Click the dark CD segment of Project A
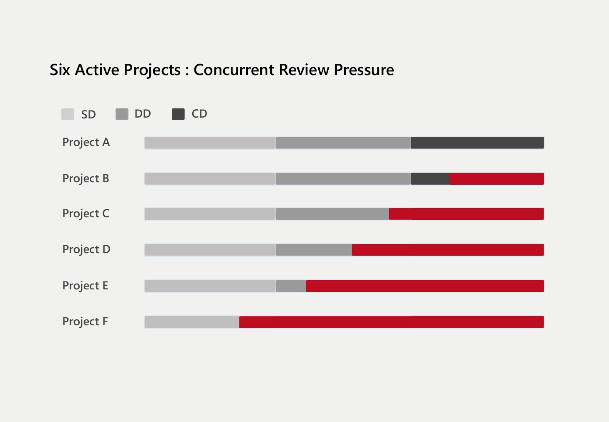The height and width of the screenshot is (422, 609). (x=477, y=143)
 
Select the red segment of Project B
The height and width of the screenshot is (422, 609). (x=497, y=179)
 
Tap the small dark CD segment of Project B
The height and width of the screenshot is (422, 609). (x=430, y=179)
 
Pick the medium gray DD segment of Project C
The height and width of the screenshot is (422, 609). (x=332, y=214)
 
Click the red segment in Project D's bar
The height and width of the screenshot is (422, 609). (x=448, y=250)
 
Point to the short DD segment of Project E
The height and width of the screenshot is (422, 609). (x=291, y=286)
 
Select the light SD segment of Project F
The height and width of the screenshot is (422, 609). (x=192, y=322)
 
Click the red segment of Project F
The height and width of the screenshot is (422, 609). (x=391, y=322)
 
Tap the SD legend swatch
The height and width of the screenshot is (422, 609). (x=68, y=114)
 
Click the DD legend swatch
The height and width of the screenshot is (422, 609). (x=122, y=114)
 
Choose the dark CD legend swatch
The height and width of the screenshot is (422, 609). (x=178, y=114)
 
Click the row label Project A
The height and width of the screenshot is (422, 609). (x=86, y=142)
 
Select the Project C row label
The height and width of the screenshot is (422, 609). (x=86, y=214)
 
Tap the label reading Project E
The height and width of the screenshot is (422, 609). (x=85, y=286)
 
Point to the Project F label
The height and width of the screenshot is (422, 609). (x=85, y=322)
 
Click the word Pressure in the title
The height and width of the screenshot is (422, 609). (x=364, y=70)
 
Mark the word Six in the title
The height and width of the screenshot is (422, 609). (x=60, y=70)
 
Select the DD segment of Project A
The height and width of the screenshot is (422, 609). (x=343, y=143)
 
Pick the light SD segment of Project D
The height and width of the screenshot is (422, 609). (x=210, y=250)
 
